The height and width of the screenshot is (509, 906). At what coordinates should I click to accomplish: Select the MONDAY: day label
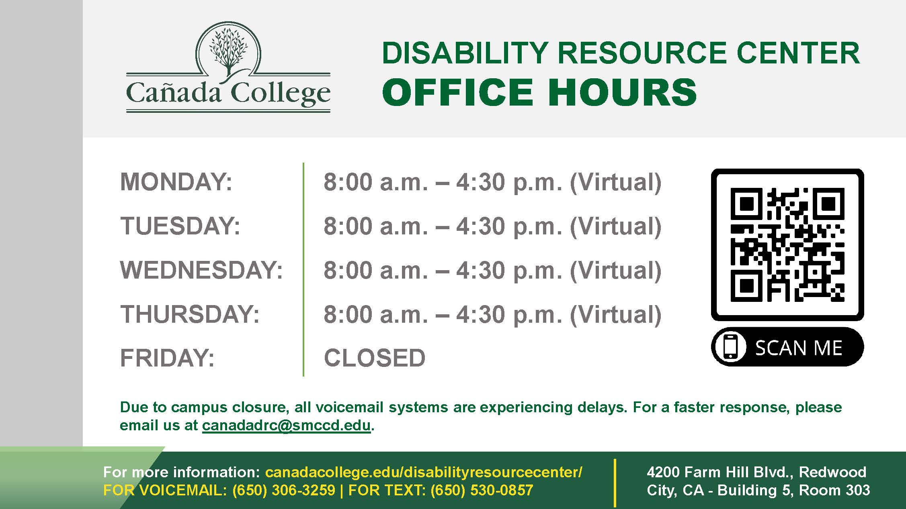(176, 182)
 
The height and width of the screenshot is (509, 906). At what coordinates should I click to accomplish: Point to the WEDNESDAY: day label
(201, 270)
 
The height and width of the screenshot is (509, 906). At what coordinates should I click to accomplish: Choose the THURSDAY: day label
(190, 314)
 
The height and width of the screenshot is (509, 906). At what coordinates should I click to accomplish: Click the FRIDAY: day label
(167, 358)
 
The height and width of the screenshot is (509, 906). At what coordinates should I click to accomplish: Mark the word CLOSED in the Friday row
(375, 358)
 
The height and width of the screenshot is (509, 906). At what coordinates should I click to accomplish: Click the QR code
(787, 244)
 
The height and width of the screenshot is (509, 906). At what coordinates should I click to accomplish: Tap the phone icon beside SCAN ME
(731, 347)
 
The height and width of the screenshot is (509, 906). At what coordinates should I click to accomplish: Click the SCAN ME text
(798, 348)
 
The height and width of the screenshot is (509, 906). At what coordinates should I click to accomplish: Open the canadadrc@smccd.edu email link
(286, 425)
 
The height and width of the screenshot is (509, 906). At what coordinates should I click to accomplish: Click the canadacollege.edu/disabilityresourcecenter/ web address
(424, 472)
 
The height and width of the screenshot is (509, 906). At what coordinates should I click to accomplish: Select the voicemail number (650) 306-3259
(284, 490)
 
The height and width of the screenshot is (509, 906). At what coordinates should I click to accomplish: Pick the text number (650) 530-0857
(482, 490)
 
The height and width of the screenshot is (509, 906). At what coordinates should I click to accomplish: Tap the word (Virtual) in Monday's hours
(615, 182)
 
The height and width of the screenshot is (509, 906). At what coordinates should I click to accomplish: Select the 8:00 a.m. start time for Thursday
(376, 314)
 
